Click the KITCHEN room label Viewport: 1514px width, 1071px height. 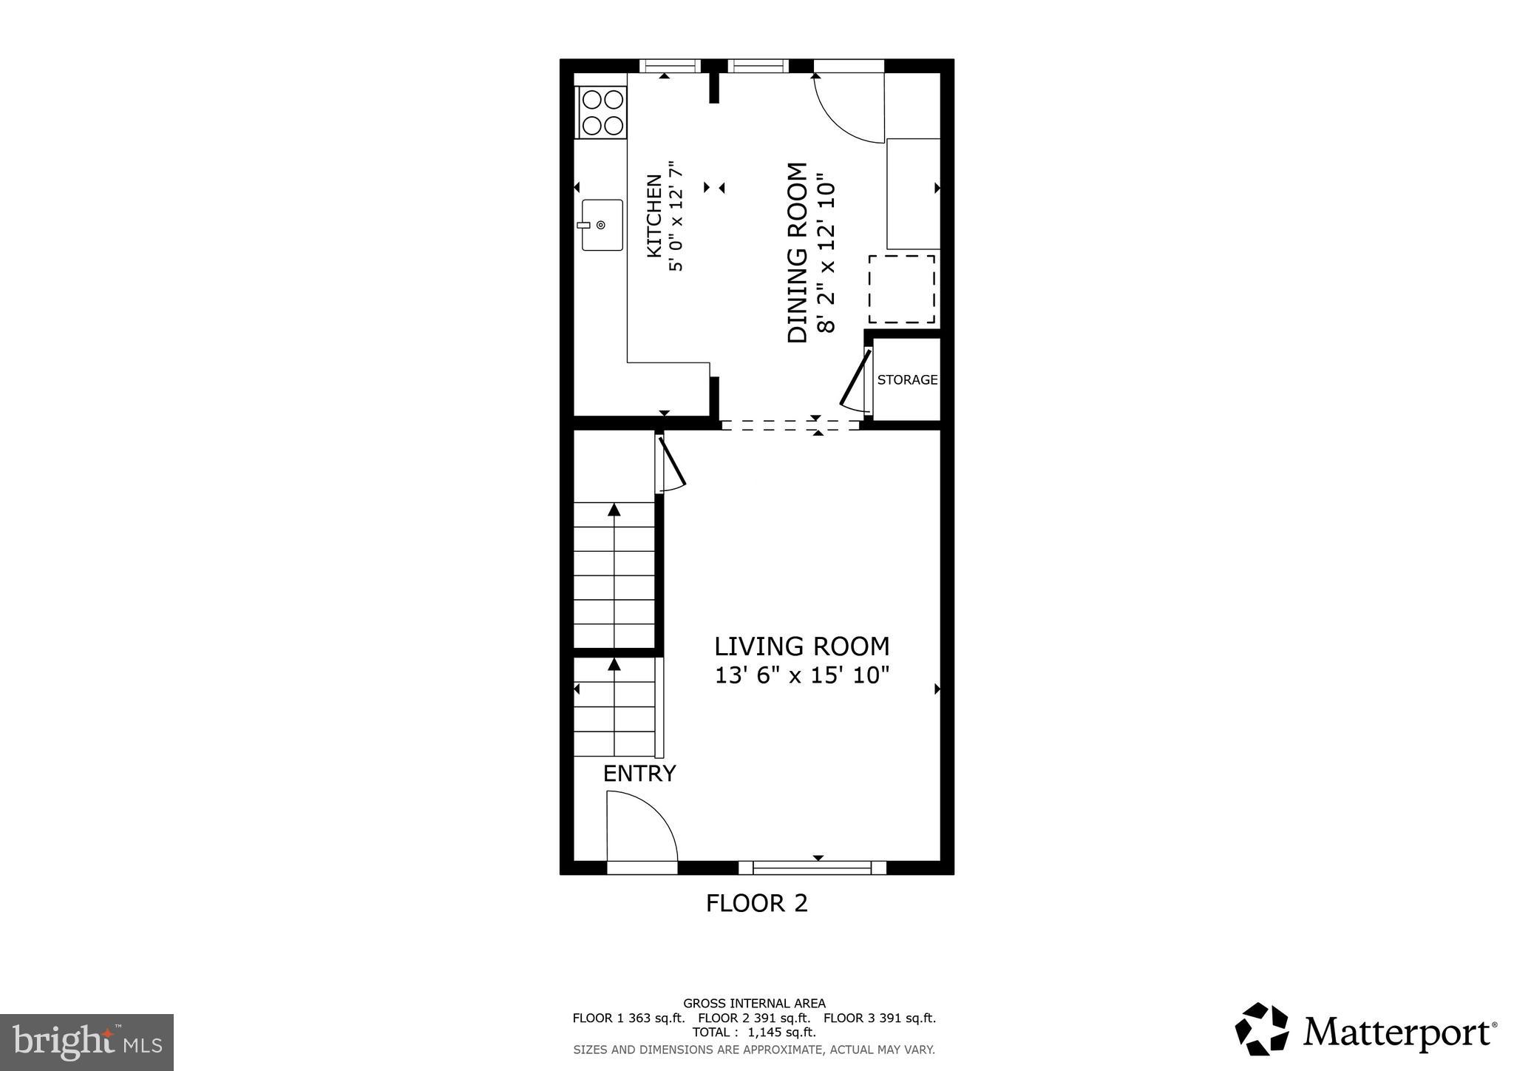pos(654,216)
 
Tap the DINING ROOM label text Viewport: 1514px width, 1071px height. pos(798,253)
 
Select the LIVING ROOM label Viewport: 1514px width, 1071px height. pos(801,646)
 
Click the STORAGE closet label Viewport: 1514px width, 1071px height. pos(907,379)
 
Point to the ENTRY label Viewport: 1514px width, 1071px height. pos(639,774)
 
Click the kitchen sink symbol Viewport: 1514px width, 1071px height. pos(602,225)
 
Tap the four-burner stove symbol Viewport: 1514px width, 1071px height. pos(602,112)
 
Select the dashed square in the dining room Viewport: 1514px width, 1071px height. pos(901,289)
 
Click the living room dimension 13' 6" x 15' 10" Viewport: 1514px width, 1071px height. pos(801,675)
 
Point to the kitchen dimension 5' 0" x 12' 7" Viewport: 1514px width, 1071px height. pos(676,216)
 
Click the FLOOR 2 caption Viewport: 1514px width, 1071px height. pos(756,903)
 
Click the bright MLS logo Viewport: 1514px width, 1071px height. pos(86,1042)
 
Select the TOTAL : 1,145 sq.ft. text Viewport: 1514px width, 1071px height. pos(753,1033)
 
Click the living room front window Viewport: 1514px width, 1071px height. pos(812,868)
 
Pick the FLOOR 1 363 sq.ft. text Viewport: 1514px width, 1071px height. pos(628,1018)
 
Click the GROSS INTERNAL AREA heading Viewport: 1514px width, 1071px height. pos(754,1004)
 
